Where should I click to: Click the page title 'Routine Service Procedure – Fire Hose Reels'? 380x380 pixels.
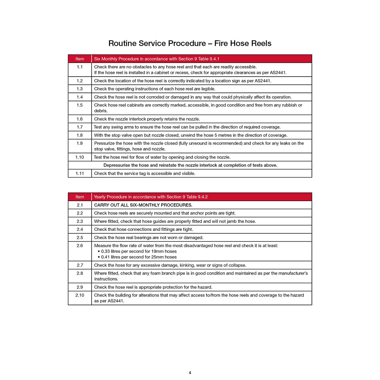190,43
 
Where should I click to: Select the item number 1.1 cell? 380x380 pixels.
80,67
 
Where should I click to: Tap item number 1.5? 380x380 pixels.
80,105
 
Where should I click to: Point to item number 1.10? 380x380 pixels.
80,157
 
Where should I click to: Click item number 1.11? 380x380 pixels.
80,174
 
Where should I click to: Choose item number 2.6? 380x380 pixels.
80,246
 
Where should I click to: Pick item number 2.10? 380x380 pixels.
80,295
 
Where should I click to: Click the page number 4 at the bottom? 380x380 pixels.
190,373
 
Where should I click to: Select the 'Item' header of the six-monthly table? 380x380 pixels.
80,59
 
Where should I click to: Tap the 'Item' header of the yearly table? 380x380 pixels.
80,197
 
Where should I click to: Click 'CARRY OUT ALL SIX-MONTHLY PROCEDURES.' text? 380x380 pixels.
143,205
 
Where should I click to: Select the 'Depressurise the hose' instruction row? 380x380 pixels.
190,165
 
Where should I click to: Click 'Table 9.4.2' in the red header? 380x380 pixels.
197,197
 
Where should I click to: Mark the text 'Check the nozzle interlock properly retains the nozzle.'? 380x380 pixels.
147,119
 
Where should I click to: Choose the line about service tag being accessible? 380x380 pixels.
145,174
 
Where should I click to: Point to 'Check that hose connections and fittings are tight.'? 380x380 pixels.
143,230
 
